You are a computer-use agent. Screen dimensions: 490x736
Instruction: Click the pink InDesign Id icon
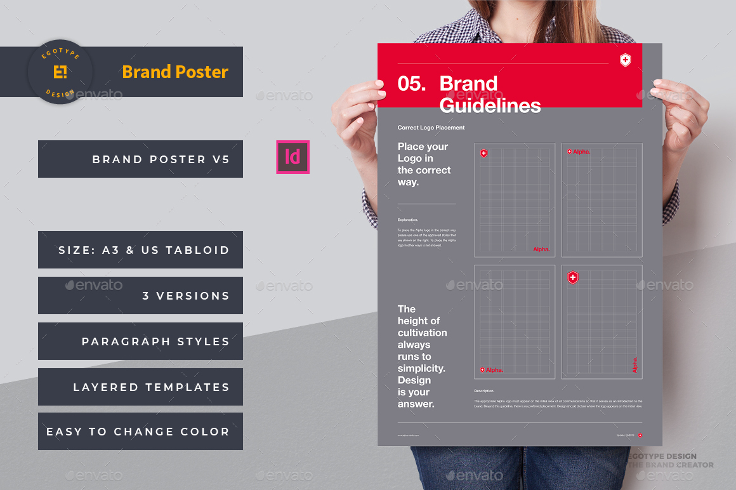pos(292,157)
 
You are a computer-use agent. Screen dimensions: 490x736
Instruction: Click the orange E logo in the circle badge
pos(60,72)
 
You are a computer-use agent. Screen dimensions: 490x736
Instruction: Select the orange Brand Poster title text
pos(175,72)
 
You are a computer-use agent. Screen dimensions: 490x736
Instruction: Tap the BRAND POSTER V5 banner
pos(140,159)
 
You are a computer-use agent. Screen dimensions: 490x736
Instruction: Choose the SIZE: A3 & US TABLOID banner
pos(140,250)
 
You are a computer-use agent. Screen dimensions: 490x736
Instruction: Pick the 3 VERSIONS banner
pos(140,296)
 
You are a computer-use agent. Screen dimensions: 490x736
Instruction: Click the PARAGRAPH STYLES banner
pos(140,341)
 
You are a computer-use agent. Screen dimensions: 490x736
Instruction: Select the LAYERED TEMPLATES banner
pos(140,387)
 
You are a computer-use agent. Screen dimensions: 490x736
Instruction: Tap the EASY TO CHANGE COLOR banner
pos(140,432)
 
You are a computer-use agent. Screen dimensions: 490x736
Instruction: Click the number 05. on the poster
pos(412,84)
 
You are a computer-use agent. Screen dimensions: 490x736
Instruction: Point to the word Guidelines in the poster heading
pos(490,105)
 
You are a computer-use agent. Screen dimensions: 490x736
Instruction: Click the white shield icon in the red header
pos(626,60)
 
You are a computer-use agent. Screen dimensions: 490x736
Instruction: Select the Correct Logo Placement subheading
pos(431,128)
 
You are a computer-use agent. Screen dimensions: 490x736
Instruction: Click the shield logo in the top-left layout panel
pos(483,153)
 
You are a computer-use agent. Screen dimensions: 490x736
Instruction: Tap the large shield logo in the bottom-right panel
pos(572,277)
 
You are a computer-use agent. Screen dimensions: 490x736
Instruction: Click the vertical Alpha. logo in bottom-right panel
pos(634,365)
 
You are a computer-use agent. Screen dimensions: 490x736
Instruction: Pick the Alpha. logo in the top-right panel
pos(579,152)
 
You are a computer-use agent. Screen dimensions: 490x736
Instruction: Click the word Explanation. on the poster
pos(408,220)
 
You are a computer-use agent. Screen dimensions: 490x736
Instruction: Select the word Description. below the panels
pos(484,391)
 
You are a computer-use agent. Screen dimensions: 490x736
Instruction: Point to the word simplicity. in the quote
pos(421,368)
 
